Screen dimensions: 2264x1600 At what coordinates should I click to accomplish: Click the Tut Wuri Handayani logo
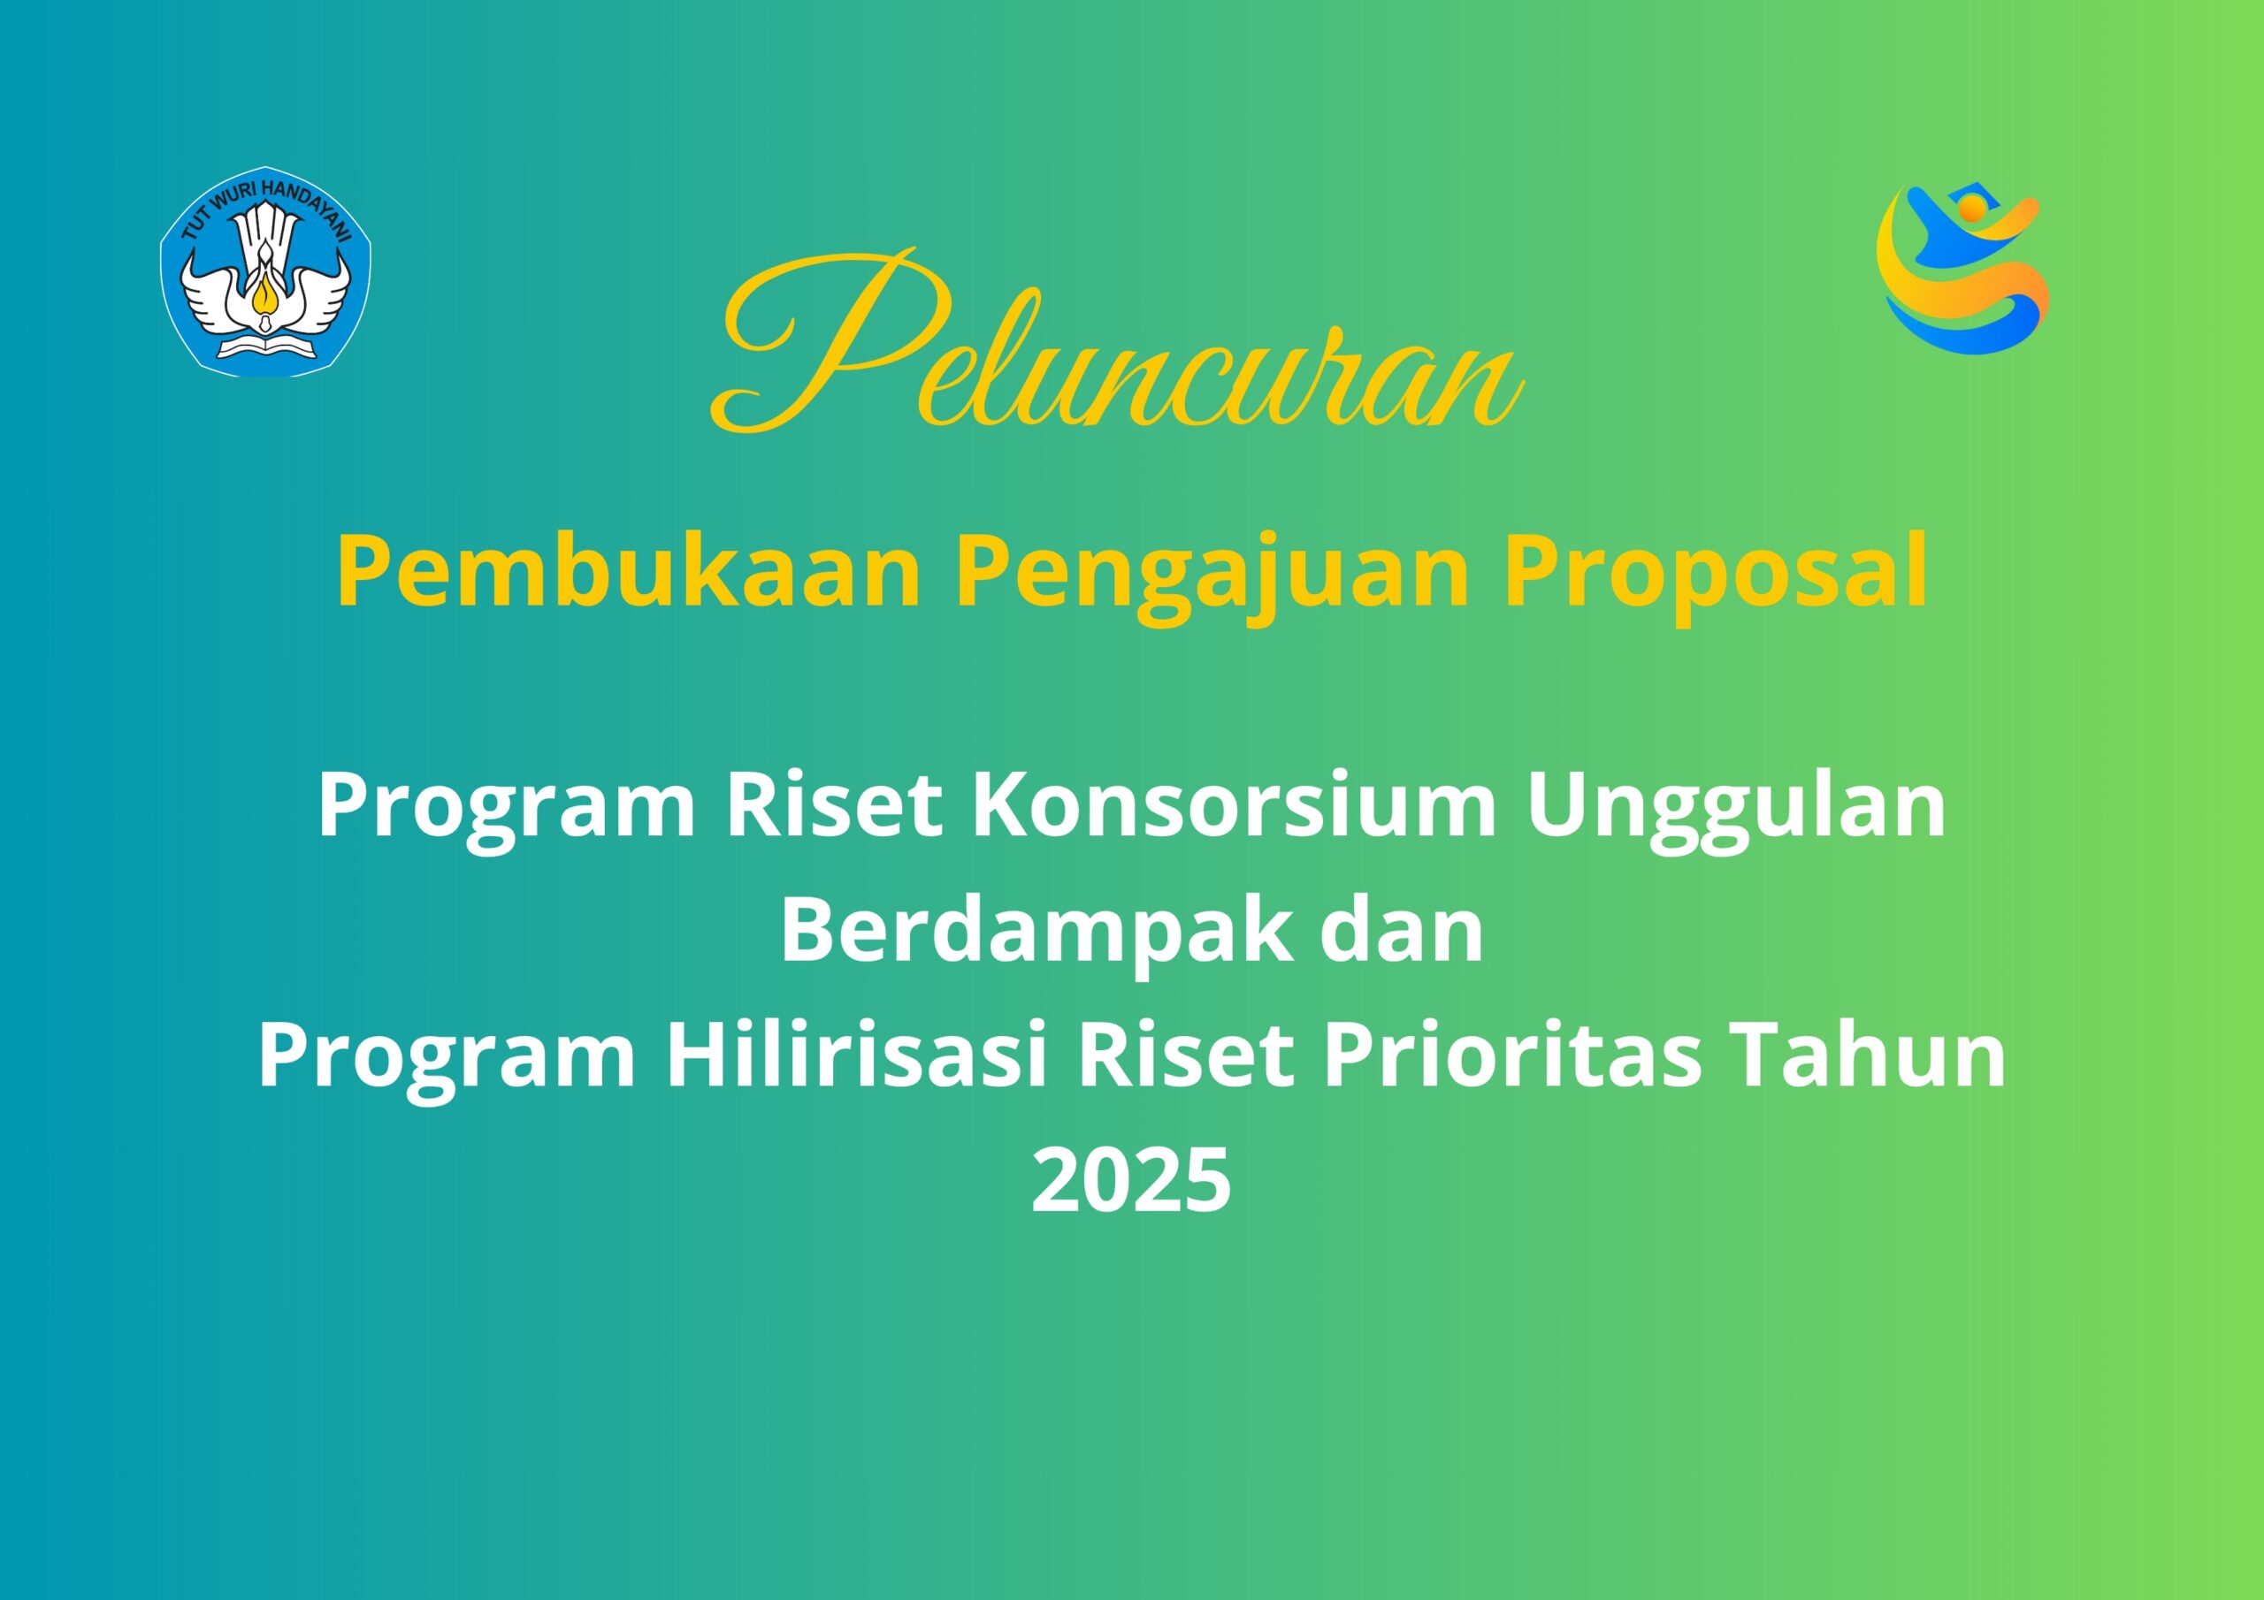tap(265, 271)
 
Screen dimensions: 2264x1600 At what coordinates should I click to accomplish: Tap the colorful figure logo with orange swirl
tap(1962, 268)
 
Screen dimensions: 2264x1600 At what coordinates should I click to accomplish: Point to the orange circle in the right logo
tap(1971, 207)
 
